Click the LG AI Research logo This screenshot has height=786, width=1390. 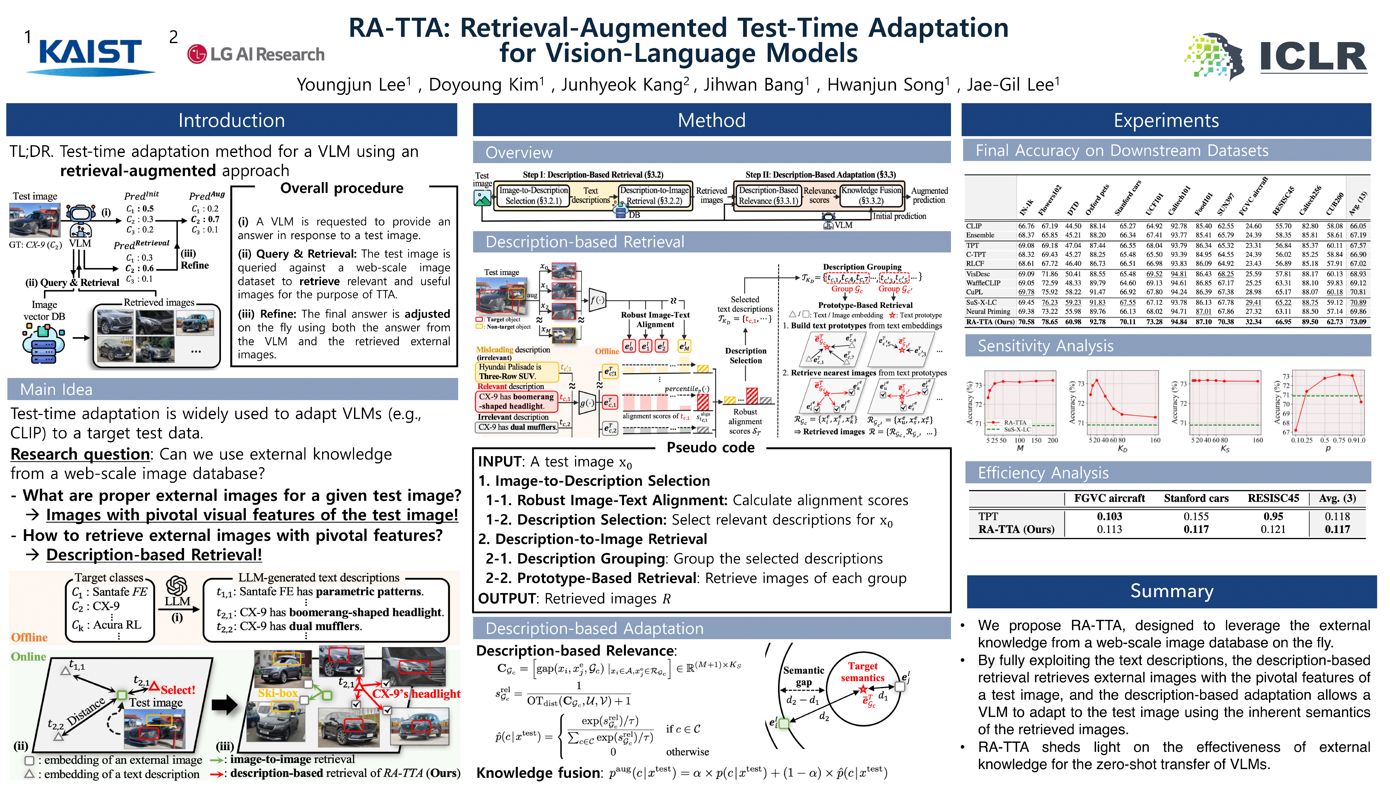256,55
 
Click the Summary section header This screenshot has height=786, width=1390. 1171,591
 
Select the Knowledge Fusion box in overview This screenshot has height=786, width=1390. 871,195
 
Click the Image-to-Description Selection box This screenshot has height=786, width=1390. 533,195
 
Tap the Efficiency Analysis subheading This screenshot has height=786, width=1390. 1042,473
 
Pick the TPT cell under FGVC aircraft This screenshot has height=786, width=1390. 1109,517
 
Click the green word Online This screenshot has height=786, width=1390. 29,656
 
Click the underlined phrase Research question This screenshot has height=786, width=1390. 80,454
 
